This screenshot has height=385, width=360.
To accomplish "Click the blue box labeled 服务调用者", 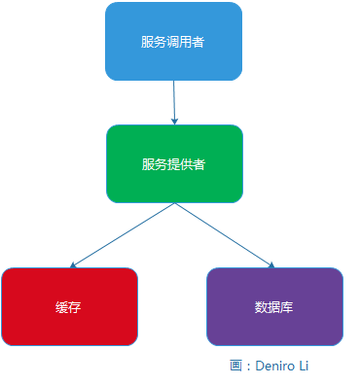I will coord(173,42).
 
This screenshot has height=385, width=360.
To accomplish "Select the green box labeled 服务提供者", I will coord(173,163).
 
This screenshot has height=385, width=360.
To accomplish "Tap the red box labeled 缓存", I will coord(69,306).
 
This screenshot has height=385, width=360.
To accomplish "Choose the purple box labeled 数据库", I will coord(274,306).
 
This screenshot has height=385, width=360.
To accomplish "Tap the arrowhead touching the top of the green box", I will coord(175,120).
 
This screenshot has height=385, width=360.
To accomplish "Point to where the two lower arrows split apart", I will coord(174,204).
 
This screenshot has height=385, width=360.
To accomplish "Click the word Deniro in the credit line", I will coord(278,366).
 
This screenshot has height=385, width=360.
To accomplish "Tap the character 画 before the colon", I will coord(236,366).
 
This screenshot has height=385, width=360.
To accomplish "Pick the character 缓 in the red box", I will coord(62,306).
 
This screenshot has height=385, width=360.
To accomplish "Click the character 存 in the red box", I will coord(75,306).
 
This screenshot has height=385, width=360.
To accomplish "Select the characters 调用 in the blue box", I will coord(173,42).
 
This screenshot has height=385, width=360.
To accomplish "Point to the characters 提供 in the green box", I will coord(173,164).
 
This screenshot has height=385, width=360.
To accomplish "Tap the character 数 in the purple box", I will coord(261,306).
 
